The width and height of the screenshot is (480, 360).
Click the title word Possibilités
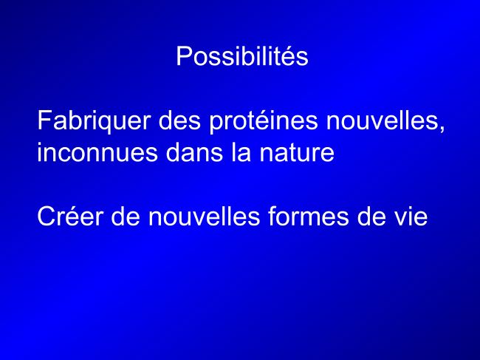[x=241, y=56]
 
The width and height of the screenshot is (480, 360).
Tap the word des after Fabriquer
[x=179, y=120]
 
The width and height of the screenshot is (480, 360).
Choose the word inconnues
[x=97, y=152]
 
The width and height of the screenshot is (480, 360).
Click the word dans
[x=194, y=152]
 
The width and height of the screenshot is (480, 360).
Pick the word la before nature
[x=241, y=152]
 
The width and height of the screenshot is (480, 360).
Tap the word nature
[x=297, y=153]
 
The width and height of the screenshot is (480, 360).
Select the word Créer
[x=70, y=216]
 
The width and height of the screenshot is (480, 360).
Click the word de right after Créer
[x=126, y=216]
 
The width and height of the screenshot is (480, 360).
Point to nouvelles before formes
[x=204, y=216]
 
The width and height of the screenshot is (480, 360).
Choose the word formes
[x=308, y=216]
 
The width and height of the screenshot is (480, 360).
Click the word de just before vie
[x=371, y=216]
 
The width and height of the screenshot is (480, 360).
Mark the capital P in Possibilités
[x=183, y=56]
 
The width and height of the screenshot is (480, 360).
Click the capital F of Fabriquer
[x=45, y=120]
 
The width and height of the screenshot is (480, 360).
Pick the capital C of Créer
[x=47, y=216]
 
